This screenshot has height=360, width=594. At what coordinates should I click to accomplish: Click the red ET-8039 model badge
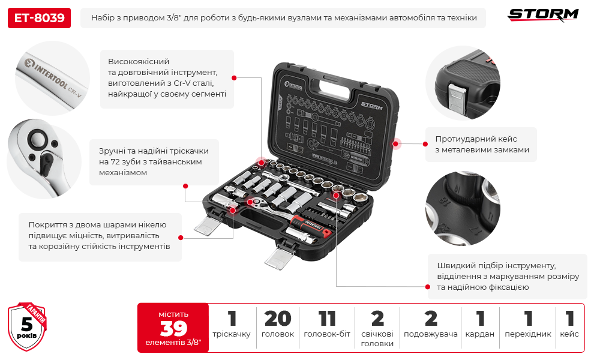[39, 17]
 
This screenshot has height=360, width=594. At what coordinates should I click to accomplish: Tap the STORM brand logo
[543, 14]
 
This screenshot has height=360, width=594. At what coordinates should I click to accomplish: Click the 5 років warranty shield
[27, 327]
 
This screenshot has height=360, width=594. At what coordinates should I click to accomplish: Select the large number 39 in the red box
[173, 328]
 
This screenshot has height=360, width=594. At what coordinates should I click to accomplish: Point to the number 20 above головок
[278, 319]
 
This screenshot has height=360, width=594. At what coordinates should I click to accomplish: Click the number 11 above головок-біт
[327, 319]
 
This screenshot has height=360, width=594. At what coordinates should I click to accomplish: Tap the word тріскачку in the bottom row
[232, 334]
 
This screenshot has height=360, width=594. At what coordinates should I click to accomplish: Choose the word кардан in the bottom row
[480, 334]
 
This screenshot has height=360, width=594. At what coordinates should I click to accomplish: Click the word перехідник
[528, 334]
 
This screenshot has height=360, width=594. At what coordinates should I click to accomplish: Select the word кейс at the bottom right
[569, 334]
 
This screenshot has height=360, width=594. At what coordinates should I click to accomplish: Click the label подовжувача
[431, 334]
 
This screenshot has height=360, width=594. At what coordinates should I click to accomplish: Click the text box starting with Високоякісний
[167, 78]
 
